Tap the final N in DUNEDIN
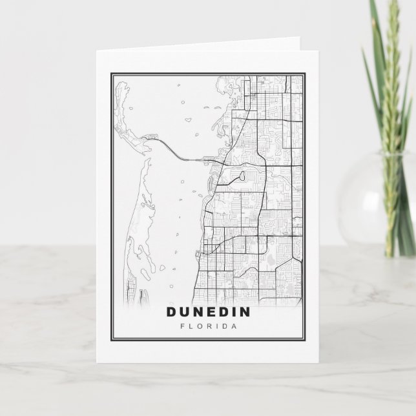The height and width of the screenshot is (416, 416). point(250,312)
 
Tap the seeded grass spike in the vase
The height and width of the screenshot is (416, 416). point(388,116)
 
